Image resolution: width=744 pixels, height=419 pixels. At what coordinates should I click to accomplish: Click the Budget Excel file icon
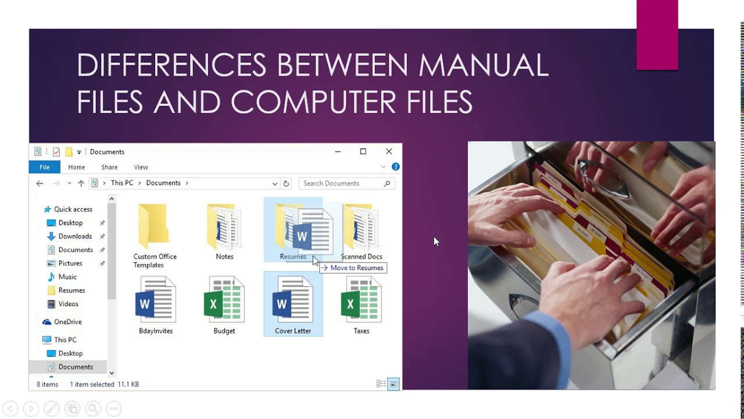(x=224, y=299)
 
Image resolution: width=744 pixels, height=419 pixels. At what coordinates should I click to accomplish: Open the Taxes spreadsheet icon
(x=361, y=299)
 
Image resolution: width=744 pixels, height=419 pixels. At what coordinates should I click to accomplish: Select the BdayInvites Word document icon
(x=155, y=299)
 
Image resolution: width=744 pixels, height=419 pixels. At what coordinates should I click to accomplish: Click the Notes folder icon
(x=224, y=227)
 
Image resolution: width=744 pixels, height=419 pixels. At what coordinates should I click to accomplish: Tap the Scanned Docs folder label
(x=361, y=257)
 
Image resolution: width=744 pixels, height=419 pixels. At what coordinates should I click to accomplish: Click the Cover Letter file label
(x=293, y=331)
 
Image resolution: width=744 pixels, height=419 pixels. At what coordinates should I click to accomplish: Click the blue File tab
(x=44, y=167)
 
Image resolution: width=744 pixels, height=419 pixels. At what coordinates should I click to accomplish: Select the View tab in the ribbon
(x=141, y=167)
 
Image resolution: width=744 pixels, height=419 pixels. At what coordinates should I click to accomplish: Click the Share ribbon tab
(x=109, y=167)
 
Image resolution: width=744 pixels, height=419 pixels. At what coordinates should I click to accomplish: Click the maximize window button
(x=363, y=152)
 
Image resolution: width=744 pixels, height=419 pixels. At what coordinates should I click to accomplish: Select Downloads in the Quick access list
(x=75, y=236)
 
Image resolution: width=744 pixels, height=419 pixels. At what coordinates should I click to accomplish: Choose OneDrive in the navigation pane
(x=67, y=322)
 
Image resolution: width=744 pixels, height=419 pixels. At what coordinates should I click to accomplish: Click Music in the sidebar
(x=67, y=277)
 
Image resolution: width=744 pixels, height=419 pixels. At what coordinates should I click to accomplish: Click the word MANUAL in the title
(x=484, y=65)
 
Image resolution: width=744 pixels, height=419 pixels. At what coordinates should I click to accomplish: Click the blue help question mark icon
(x=396, y=167)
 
